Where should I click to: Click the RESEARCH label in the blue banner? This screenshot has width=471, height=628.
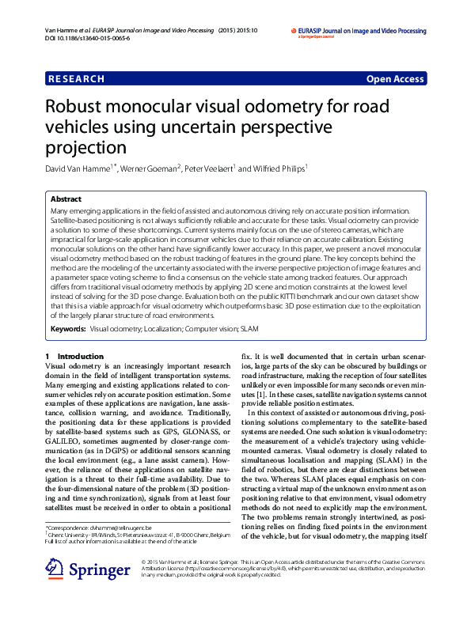[77, 79]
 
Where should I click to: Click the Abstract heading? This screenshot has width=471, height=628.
[66, 200]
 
